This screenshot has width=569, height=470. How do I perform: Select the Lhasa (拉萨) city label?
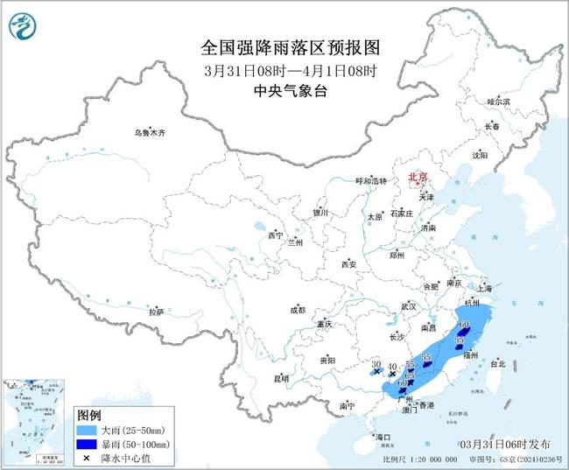pos(156,312)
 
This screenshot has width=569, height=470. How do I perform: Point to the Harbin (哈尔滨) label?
pos(498,102)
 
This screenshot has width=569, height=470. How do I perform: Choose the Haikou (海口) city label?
pos(382,436)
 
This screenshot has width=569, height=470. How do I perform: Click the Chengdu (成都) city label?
pos(297,310)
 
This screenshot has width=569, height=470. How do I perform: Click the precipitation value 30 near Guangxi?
pos(376,364)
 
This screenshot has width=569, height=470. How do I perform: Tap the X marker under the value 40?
pos(393,375)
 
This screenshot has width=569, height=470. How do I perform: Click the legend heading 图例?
pos(88,414)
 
